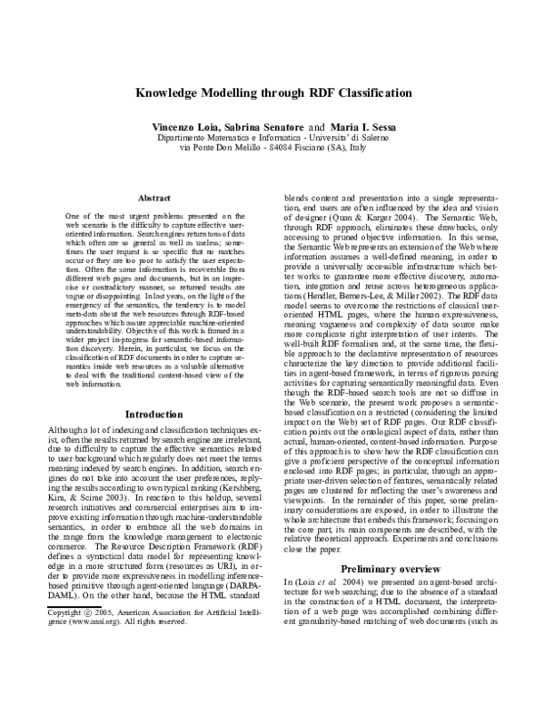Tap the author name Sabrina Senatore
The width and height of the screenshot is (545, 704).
point(263,126)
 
